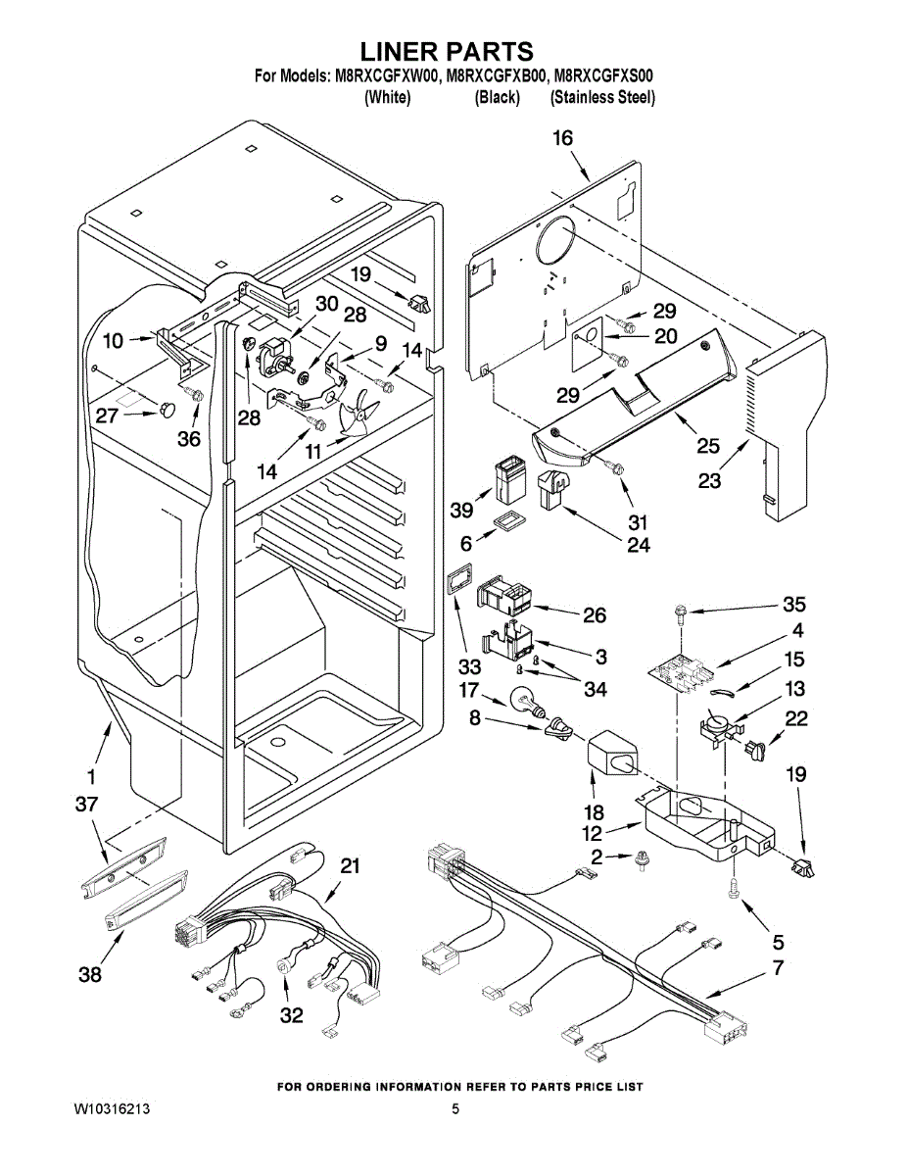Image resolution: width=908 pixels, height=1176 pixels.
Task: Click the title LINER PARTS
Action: tap(447, 52)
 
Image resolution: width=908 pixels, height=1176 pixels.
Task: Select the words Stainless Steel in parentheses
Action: tap(602, 98)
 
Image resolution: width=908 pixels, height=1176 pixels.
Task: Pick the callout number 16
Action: tap(562, 138)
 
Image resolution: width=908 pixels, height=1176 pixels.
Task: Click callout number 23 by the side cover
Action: tap(709, 480)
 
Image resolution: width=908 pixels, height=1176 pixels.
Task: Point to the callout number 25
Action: tap(708, 445)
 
